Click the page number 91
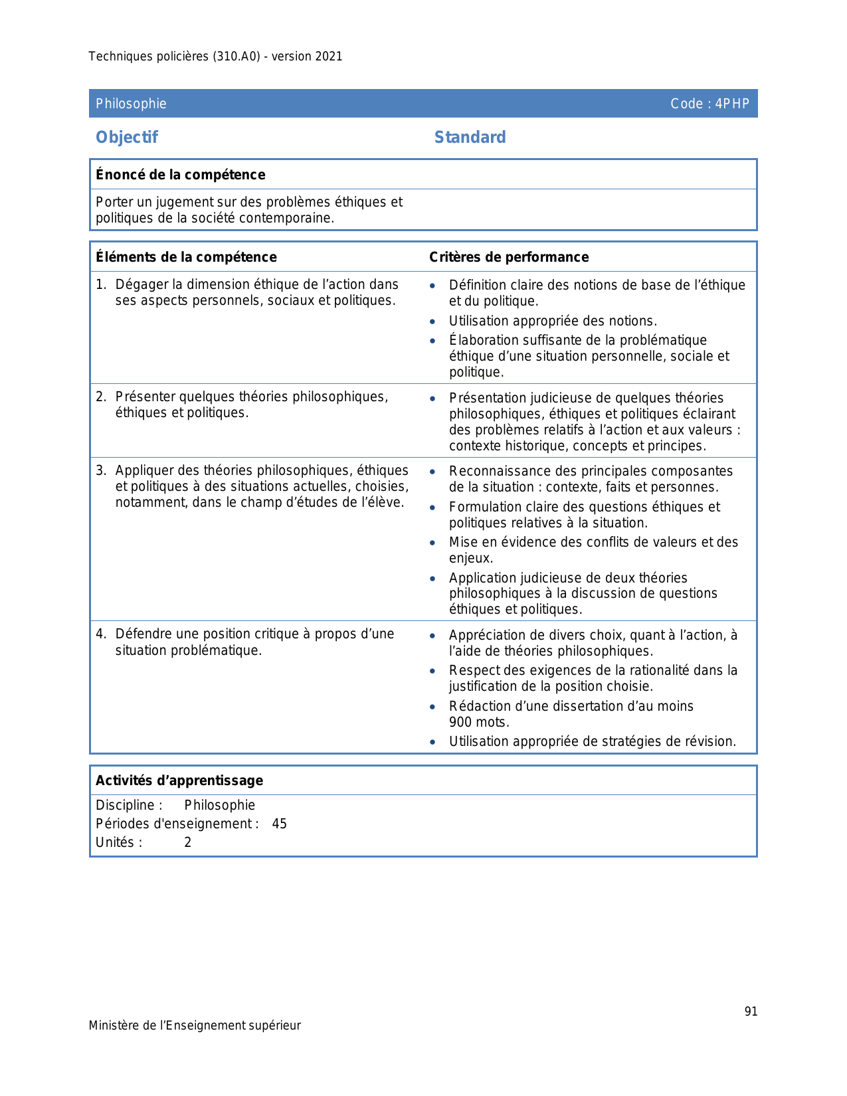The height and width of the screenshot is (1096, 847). point(751,1011)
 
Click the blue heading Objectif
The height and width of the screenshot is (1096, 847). point(127,137)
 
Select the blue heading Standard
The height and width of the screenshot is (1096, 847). point(470,137)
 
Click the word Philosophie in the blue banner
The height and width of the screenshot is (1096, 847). point(131,104)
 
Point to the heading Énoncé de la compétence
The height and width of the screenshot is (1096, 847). point(180,175)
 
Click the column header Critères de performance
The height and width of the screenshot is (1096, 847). point(509,257)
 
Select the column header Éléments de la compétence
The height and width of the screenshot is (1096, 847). point(186,257)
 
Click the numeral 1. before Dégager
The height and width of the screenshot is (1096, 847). point(100,284)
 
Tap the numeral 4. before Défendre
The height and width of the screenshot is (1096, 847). point(100,634)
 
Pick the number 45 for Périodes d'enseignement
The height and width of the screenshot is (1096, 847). point(280,824)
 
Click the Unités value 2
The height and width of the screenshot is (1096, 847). point(188,842)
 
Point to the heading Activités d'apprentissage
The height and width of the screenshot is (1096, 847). point(179,780)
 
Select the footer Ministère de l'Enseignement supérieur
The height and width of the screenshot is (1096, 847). point(195,1026)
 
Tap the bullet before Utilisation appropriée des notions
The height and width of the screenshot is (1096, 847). point(433,321)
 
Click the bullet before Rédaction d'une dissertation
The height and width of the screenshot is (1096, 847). point(433,707)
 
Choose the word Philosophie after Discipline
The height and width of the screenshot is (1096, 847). point(220,805)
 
